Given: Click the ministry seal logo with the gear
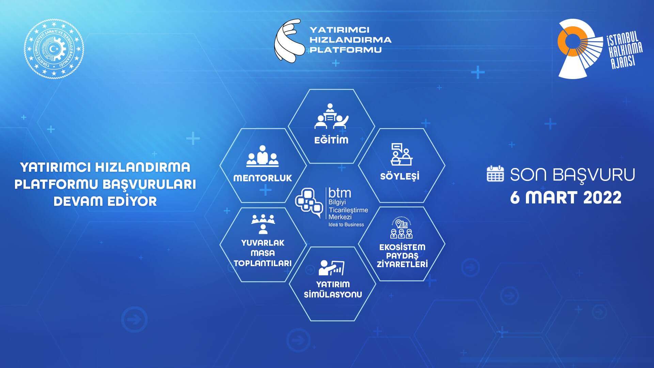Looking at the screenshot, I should click(x=54, y=49).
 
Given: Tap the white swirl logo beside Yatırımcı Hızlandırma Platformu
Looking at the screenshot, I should click(x=289, y=41).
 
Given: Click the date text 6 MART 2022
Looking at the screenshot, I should click(x=565, y=198).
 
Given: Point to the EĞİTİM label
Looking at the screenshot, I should click(x=331, y=140).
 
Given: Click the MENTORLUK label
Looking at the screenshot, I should click(x=263, y=178).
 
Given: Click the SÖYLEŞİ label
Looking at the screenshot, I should click(x=400, y=177).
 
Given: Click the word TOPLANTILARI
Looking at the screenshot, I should click(x=263, y=263).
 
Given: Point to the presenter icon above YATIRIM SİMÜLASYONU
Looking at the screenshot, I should click(x=331, y=268).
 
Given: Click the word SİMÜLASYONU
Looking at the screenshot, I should click(x=333, y=294).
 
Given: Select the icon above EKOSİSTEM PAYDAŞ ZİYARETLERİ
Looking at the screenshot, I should click(x=401, y=228).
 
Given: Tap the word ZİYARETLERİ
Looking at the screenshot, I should click(x=402, y=264).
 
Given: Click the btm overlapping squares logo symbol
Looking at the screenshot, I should click(x=309, y=203).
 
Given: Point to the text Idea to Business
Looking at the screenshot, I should click(x=346, y=225).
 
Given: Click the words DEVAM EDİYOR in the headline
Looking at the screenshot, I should click(x=105, y=201).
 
